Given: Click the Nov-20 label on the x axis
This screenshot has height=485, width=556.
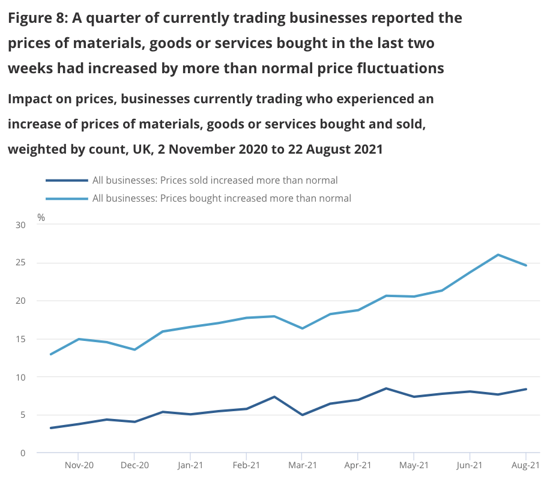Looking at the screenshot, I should pos(79,465).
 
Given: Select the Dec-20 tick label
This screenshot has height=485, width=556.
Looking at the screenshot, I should pos(134,465).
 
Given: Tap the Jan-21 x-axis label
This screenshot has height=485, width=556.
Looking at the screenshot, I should pos(190,465).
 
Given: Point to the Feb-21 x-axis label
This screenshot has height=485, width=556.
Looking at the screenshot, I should pos(246,465).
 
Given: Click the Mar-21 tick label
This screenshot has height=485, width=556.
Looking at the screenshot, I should pos(302,465).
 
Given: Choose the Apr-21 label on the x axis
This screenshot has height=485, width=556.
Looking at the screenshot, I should pos(358,465).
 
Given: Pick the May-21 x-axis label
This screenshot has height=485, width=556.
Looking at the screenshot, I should pos(414,465).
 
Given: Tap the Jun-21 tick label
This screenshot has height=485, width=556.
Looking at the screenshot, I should pos(470,465).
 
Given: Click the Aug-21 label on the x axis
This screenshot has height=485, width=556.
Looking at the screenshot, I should pos(526,465).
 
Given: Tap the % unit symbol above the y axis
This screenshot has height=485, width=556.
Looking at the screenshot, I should pos(41,217).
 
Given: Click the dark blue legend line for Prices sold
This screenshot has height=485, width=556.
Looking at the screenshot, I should pos(66,180).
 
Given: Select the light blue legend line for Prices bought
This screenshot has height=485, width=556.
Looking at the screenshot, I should pos(66,197).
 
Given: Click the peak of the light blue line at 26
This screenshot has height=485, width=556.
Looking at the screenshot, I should pos(498,255).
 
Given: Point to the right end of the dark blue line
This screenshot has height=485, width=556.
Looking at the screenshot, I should pos(527,389).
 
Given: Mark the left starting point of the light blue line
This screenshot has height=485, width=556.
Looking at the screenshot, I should pos(50,354).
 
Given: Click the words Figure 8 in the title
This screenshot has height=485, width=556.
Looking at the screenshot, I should pos(37,18).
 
